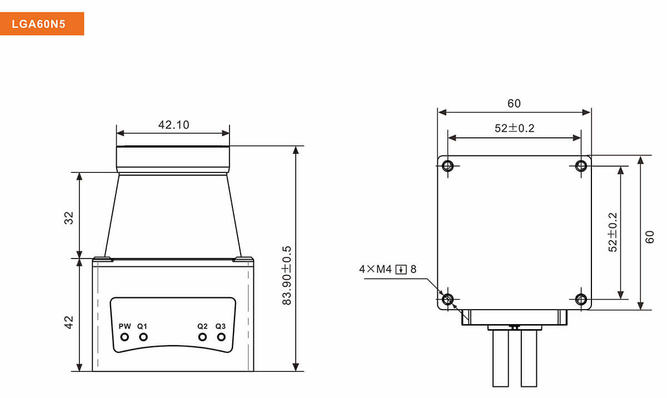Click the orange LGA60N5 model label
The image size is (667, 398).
42,24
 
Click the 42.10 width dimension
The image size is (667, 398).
173,125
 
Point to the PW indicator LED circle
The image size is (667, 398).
125,337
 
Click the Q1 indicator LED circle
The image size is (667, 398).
143,337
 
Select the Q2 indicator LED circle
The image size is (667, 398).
203,337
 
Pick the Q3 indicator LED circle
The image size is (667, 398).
221,337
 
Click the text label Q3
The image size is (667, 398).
221,326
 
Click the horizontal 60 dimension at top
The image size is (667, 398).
514,103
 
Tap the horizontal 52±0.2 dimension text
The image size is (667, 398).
514,128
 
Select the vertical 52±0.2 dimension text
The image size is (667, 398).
613,232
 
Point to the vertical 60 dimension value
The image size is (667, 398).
650,237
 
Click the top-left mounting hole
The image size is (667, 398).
448,166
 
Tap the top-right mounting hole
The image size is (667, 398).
581,166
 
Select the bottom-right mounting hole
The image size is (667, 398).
581,300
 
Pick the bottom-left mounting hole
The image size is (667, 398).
448,300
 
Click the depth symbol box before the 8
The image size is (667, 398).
401,270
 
